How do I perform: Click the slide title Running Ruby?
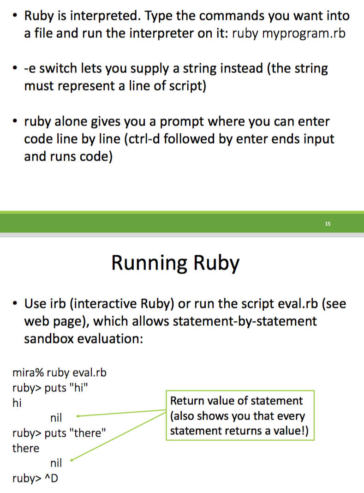pos(175,263)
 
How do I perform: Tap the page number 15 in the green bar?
pos(328,224)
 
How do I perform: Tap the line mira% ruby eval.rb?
pos(60,373)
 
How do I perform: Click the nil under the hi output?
pos(56,418)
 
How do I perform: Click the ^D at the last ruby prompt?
pos(52,478)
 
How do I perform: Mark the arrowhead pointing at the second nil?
pos(72,460)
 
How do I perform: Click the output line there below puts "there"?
pos(25,448)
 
